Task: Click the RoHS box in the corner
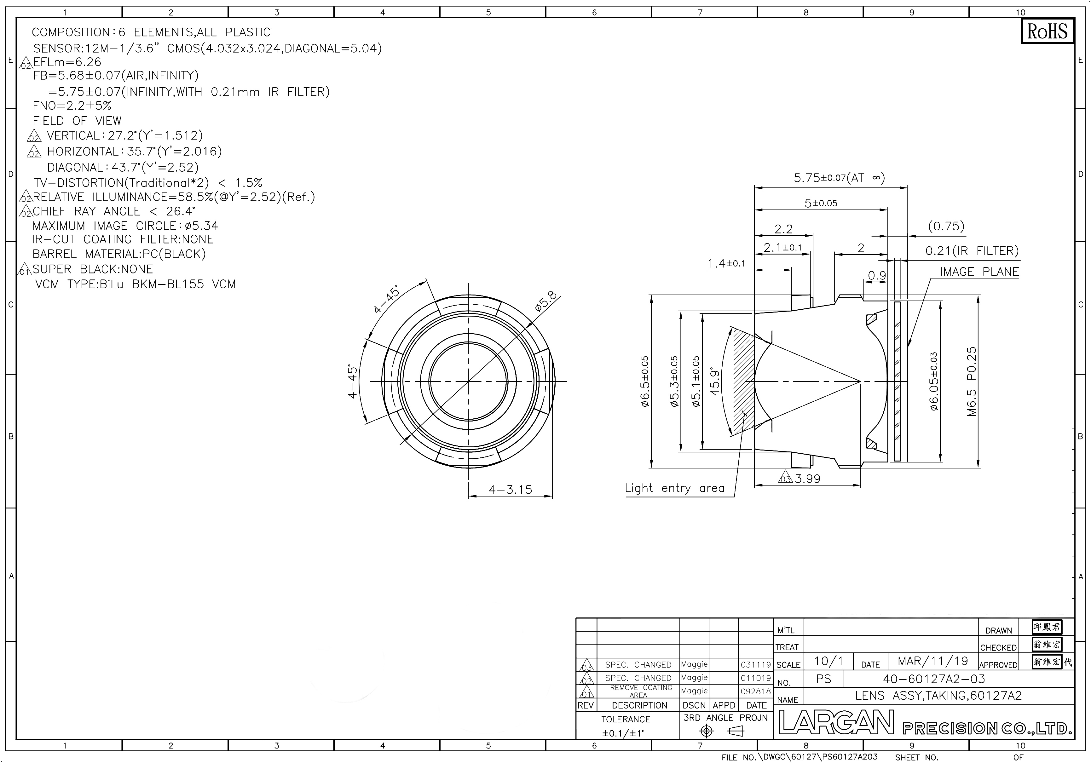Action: [x=1047, y=32]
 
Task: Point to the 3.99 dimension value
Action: [x=808, y=479]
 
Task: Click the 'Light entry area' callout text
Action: [x=674, y=488]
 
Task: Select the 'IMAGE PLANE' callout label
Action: [x=979, y=272]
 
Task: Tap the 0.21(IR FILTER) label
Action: [x=972, y=251]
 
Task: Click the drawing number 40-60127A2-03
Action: [x=934, y=679]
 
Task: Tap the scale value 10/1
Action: [x=829, y=661]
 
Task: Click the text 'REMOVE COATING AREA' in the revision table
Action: [x=641, y=691]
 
